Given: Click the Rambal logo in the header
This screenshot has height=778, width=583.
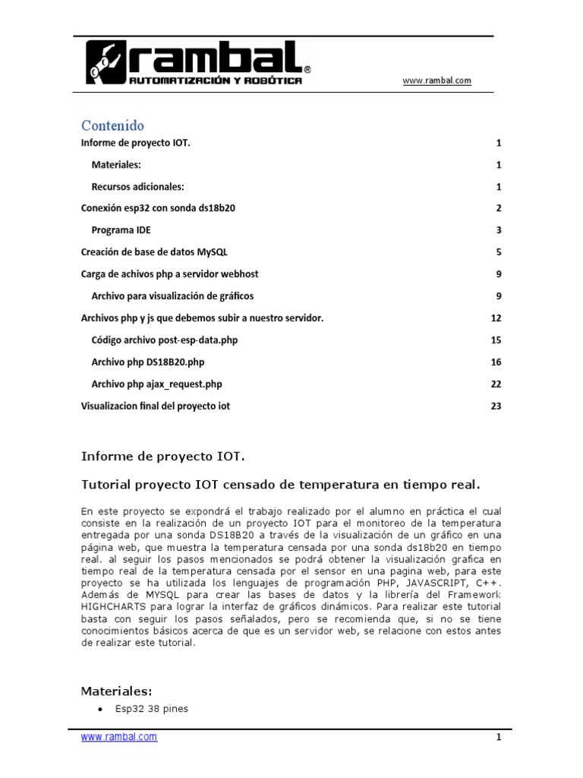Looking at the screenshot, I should [x=197, y=64].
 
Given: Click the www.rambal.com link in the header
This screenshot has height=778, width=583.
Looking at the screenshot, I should [x=436, y=81].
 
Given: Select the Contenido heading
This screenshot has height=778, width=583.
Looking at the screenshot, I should [x=112, y=125].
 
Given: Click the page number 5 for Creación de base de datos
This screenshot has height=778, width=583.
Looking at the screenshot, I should [x=499, y=252].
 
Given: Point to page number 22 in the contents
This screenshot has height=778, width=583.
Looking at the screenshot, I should [x=496, y=384].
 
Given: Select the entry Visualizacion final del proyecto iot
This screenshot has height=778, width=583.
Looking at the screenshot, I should [x=155, y=406].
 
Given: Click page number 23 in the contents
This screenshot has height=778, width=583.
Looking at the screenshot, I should [x=496, y=406].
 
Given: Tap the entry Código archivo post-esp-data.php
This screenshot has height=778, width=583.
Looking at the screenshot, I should [x=164, y=340].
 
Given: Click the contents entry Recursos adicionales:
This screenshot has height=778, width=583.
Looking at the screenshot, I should [x=138, y=186].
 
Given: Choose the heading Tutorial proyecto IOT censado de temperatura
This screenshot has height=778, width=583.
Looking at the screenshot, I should [x=281, y=484].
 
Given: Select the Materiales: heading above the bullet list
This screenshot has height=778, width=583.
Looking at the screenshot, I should [x=117, y=691].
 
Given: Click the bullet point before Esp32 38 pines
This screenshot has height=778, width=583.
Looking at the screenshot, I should [x=101, y=710].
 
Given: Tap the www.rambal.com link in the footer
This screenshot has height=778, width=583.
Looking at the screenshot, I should [x=119, y=736].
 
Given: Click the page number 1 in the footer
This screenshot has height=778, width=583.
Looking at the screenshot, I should [x=499, y=737].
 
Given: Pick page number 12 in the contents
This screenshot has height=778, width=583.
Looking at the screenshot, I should [x=496, y=318].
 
